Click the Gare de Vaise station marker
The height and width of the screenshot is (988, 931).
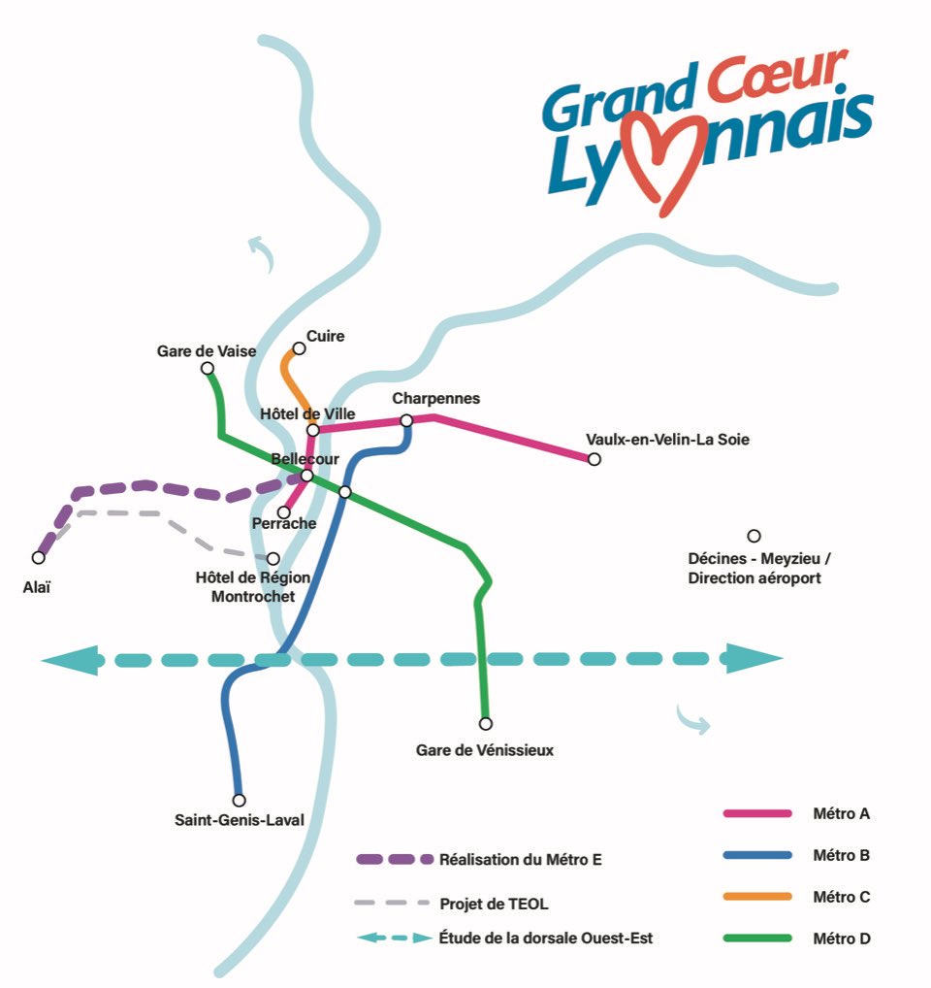[207, 369]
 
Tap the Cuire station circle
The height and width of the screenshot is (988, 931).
[299, 348]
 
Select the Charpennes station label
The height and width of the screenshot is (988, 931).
[435, 399]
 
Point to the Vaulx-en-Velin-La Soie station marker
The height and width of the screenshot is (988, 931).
[594, 459]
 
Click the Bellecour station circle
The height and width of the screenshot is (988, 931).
[306, 476]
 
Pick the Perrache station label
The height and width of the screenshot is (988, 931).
[283, 524]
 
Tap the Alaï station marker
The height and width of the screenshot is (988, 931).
[38, 557]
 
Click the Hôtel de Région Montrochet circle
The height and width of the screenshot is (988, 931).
[273, 558]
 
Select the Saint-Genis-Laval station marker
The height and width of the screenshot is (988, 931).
[239, 800]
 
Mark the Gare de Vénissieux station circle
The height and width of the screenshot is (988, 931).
[486, 723]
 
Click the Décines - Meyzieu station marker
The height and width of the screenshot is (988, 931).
[754, 536]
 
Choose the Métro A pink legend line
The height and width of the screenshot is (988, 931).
[757, 813]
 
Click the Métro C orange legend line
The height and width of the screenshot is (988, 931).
[757, 897]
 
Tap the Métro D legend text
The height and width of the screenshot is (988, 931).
[841, 939]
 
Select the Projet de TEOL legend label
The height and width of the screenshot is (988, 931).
[494, 904]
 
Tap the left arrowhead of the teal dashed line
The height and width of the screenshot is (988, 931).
[68, 661]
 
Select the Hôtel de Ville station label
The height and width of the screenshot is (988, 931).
[307, 414]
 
